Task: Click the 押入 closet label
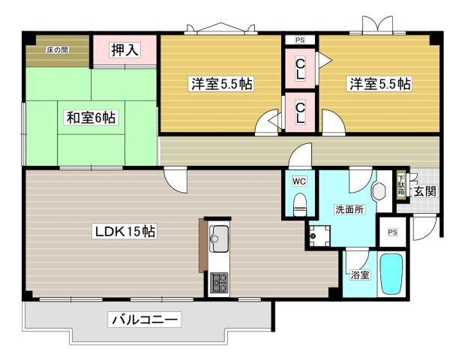pyautogui.click(x=124, y=50)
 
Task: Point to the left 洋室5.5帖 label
pyautogui.click(x=220, y=84)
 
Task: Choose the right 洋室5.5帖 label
pyautogui.click(x=379, y=84)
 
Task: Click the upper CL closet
pyautogui.click(x=300, y=69)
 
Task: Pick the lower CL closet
pyautogui.click(x=300, y=112)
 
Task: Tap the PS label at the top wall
pyautogui.click(x=300, y=40)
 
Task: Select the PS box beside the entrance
pyautogui.click(x=391, y=232)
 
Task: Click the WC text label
pyautogui.click(x=298, y=181)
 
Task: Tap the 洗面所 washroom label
pyautogui.click(x=349, y=210)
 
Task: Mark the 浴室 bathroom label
pyautogui.click(x=359, y=274)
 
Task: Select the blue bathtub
pyautogui.click(x=391, y=275)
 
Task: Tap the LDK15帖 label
pyautogui.click(x=124, y=232)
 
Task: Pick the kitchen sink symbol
pyautogui.click(x=220, y=240)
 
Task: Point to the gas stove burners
pyautogui.click(x=220, y=283)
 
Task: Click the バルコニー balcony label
pyautogui.click(x=145, y=319)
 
